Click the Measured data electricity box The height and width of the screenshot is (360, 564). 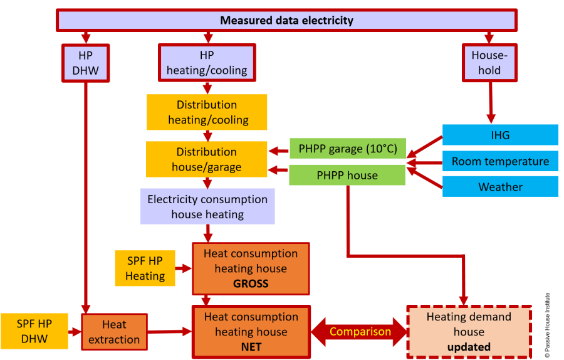tap(286, 20)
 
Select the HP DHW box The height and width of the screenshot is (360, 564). tap(85, 63)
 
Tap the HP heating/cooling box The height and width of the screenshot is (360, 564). tap(207, 63)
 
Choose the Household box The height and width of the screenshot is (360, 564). tap(490, 63)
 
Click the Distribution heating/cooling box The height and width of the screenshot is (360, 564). tap(207, 112)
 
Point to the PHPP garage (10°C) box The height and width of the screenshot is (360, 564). tap(347, 149)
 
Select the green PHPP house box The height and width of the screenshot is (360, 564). tap(347, 176)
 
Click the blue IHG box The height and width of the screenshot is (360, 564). tap(500, 135)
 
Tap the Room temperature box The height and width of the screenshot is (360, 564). tap(500, 161)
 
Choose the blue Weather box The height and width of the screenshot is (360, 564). tap(500, 187)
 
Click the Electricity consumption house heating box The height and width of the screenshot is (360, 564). tap(207, 207)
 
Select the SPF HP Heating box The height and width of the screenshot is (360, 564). tap(145, 268)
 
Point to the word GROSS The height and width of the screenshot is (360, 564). tap(251, 283)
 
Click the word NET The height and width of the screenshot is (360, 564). tap(251, 347)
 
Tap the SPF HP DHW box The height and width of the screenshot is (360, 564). tap(35, 332)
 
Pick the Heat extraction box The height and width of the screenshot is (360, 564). tap(114, 332)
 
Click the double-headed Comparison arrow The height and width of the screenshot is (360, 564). tap(360, 332)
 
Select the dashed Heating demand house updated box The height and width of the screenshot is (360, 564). tap(469, 332)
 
